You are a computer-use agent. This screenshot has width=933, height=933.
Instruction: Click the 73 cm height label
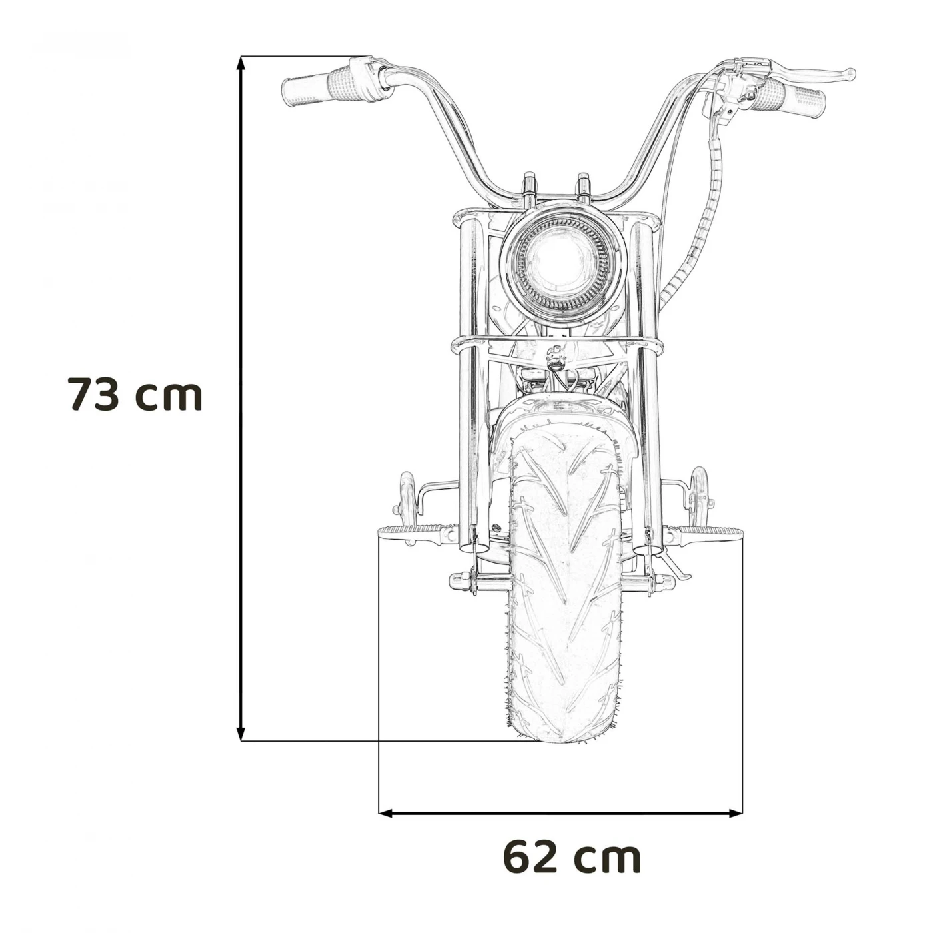[135, 394]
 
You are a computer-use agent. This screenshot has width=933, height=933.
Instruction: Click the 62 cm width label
[572, 857]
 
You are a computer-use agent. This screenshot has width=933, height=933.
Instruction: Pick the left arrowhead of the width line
[385, 813]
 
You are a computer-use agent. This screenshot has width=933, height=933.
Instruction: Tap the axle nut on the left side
[458, 580]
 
